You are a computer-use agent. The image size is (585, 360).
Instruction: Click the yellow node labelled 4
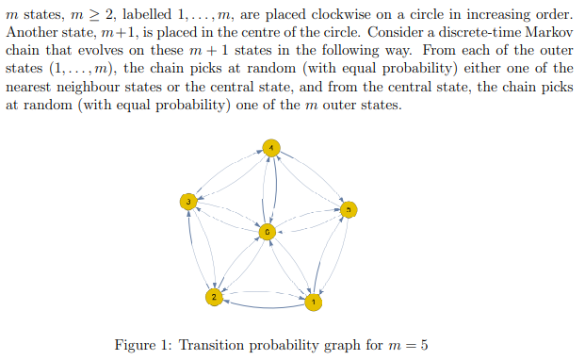[x=270, y=148]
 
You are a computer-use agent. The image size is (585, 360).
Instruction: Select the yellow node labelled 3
[x=189, y=201]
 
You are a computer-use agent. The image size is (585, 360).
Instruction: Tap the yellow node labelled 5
[x=349, y=209]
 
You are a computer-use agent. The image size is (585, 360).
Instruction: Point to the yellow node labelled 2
[x=214, y=298]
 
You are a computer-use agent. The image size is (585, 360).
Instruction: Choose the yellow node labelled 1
[x=313, y=303]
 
